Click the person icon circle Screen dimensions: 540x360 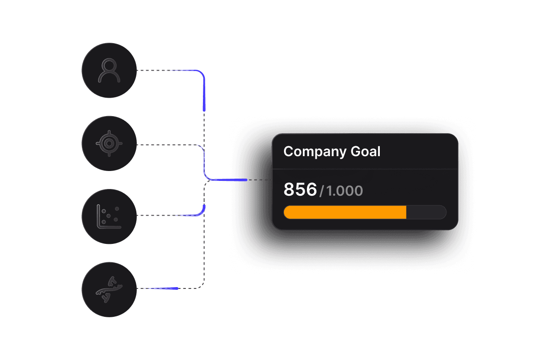pos(109,70)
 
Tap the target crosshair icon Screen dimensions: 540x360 pos(109,144)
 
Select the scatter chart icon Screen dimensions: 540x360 pos(109,216)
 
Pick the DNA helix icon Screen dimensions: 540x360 pos(109,290)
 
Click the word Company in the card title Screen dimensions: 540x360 pos(315,152)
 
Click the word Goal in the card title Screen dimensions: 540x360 pos(365,152)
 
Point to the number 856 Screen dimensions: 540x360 pos(300,189)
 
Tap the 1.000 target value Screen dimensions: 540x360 pos(345,191)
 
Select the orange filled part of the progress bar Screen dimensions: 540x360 pos(345,212)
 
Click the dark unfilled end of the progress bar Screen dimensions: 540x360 pos(426,212)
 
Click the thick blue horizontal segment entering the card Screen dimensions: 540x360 pos(229,180)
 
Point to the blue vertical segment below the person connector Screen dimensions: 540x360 pos(204,94)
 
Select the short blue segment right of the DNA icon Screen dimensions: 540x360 pos(164,288)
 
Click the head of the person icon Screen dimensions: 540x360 pos(109,65)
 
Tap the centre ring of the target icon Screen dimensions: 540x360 pos(109,144)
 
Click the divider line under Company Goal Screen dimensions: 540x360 pos(365,169)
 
